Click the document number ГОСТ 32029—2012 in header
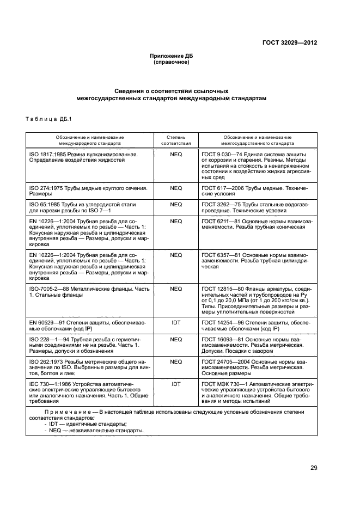pyautogui.click(x=290, y=42)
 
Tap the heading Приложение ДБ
pyautogui.click(x=172, y=56)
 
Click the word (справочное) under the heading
pyautogui.click(x=172, y=62)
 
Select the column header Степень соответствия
pyautogui.click(x=175, y=140)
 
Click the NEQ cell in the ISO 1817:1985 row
pyautogui.click(x=175, y=155)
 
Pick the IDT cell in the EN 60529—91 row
pyautogui.click(x=175, y=322)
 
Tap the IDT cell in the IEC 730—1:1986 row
pyautogui.click(x=175, y=384)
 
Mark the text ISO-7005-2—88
pyautogui.click(x=50, y=289)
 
